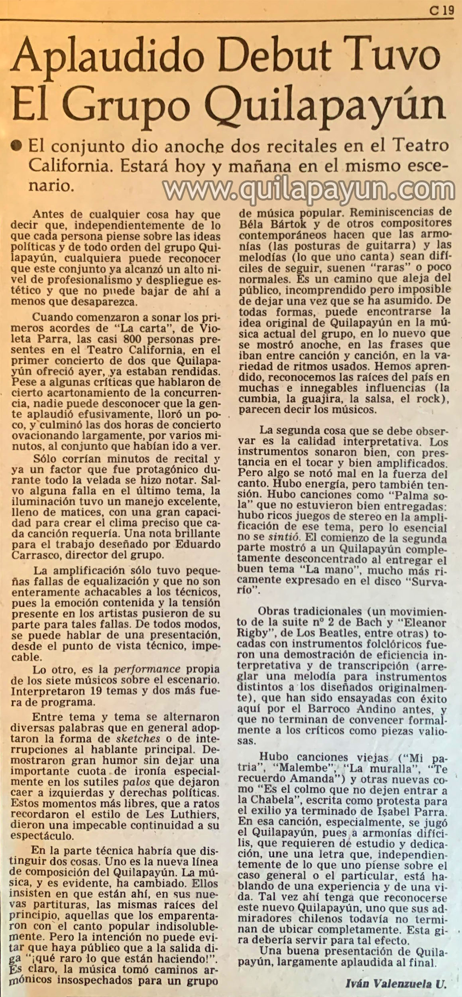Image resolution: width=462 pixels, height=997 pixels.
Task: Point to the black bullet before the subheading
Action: [x=17, y=146]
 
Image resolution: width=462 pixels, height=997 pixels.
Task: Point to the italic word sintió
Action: [x=283, y=537]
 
